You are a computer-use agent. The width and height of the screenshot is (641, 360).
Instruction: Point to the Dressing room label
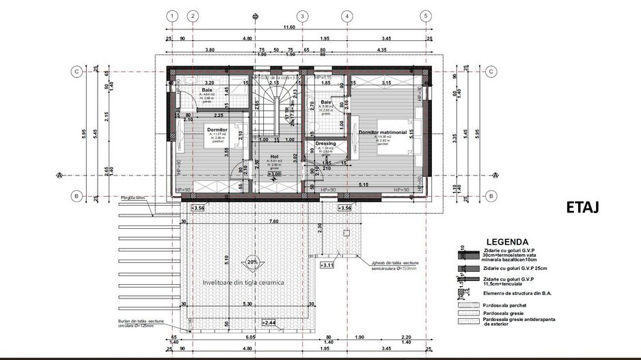click(x=325, y=143)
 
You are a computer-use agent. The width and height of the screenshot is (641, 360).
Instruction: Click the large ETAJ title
click(x=582, y=208)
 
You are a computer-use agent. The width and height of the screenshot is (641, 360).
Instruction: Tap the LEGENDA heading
click(x=506, y=242)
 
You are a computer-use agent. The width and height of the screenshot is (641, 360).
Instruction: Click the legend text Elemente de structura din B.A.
click(x=517, y=292)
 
